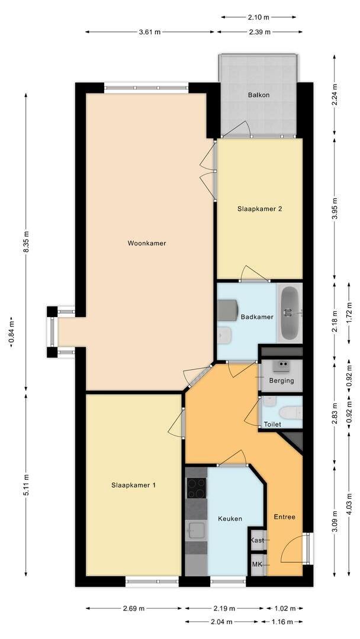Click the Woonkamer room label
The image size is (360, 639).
coord(146,243)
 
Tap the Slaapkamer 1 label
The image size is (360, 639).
coord(134,485)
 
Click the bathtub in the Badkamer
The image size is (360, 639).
coord(290,313)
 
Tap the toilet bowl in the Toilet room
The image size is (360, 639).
coord(290,412)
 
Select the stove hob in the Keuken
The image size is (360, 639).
coord(196,488)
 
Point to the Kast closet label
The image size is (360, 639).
coord(257,540)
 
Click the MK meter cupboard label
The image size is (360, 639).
coord(257,564)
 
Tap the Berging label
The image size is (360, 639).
coord(281,380)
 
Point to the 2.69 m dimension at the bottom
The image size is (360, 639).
coord(134,608)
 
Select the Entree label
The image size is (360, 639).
coord(284,517)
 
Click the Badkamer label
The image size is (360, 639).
coord(257,317)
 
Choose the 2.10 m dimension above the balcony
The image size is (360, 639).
coord(258,18)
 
